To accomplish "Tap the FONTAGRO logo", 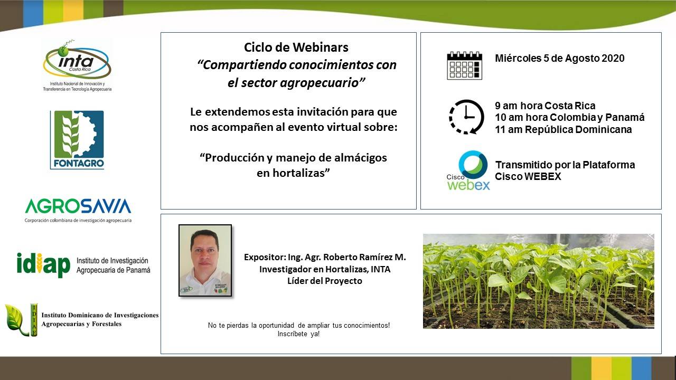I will click(77, 140).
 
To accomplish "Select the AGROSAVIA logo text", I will click(78, 206).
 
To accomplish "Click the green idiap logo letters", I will click(43, 264).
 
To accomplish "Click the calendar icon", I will click(464, 65).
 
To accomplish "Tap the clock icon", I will click(466, 117).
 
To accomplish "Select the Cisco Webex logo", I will click(468, 170).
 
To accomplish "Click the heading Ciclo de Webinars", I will click(296, 47).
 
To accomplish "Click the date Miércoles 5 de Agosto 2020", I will click(559, 59).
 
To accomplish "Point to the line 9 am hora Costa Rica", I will click(545, 106).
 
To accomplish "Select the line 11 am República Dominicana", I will click(563, 130).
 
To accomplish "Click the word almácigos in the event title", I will click(358, 158).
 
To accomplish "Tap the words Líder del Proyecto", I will click(324, 281).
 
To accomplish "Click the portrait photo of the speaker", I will click(205, 260).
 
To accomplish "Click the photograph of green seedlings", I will click(538, 281).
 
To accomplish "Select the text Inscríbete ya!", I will click(298, 334).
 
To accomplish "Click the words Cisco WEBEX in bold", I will click(528, 177).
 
